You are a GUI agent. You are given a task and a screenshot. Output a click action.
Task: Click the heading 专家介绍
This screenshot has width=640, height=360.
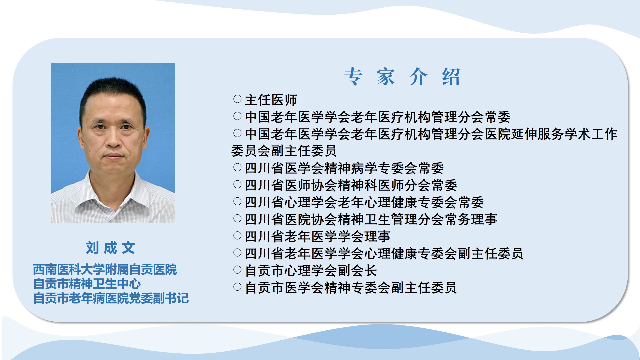click(402, 77)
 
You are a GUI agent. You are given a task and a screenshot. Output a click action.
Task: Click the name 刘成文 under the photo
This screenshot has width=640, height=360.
click(110, 248)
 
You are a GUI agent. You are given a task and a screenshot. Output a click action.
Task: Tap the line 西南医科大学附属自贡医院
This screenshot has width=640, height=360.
click(105, 269)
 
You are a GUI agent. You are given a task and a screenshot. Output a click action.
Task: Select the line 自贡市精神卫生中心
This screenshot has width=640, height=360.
click(87, 284)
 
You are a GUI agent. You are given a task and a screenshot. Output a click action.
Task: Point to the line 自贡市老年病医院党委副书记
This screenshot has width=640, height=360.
click(111, 298)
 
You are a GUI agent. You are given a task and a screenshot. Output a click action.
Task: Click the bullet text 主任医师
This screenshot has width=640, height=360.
click(271, 100)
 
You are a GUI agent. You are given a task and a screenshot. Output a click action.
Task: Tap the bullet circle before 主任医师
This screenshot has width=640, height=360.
click(237, 99)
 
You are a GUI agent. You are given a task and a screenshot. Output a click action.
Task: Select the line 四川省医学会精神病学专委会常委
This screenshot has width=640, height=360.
click(344, 168)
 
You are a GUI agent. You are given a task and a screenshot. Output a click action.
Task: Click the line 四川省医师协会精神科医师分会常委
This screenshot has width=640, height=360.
click(351, 185)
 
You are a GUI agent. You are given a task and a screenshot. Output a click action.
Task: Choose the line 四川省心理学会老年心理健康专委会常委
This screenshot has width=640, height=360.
click(364, 202)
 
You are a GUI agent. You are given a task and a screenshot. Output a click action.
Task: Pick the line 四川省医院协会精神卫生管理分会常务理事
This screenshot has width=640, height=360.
click(371, 219)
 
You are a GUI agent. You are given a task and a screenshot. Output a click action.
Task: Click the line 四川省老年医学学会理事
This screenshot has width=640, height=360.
click(318, 236)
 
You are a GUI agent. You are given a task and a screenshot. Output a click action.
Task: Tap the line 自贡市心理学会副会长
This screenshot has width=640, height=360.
click(311, 270)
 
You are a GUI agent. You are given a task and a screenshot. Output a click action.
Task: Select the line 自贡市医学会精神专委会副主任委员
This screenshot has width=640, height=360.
click(351, 287)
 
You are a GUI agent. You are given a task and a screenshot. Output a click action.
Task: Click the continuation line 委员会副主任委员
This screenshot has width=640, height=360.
click(284, 151)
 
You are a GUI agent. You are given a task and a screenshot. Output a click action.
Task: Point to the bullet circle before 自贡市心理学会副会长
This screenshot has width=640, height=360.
click(237, 270)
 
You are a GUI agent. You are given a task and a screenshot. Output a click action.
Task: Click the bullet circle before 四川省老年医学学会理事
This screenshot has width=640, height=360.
click(237, 236)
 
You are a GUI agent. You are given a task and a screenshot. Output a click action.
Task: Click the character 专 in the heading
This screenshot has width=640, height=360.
click(353, 77)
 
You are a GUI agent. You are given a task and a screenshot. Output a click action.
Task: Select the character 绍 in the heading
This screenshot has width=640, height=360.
click(451, 77)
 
